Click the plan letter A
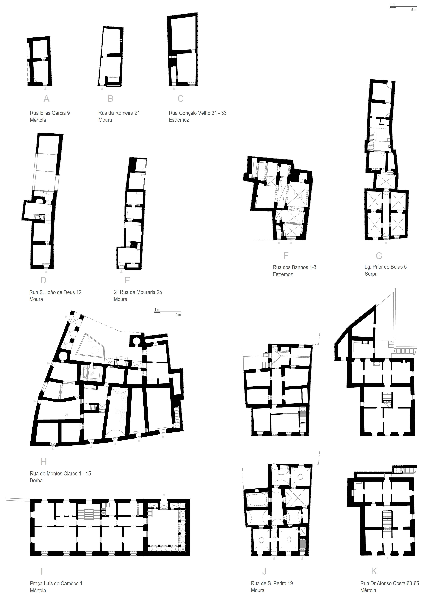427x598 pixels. pos(46,99)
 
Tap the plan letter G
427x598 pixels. pos(379,256)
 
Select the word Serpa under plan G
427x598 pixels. pos(371,274)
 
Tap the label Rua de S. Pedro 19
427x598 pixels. pos(272,583)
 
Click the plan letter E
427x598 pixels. pos(127,280)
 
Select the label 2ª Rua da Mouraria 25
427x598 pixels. pos(138,292)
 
